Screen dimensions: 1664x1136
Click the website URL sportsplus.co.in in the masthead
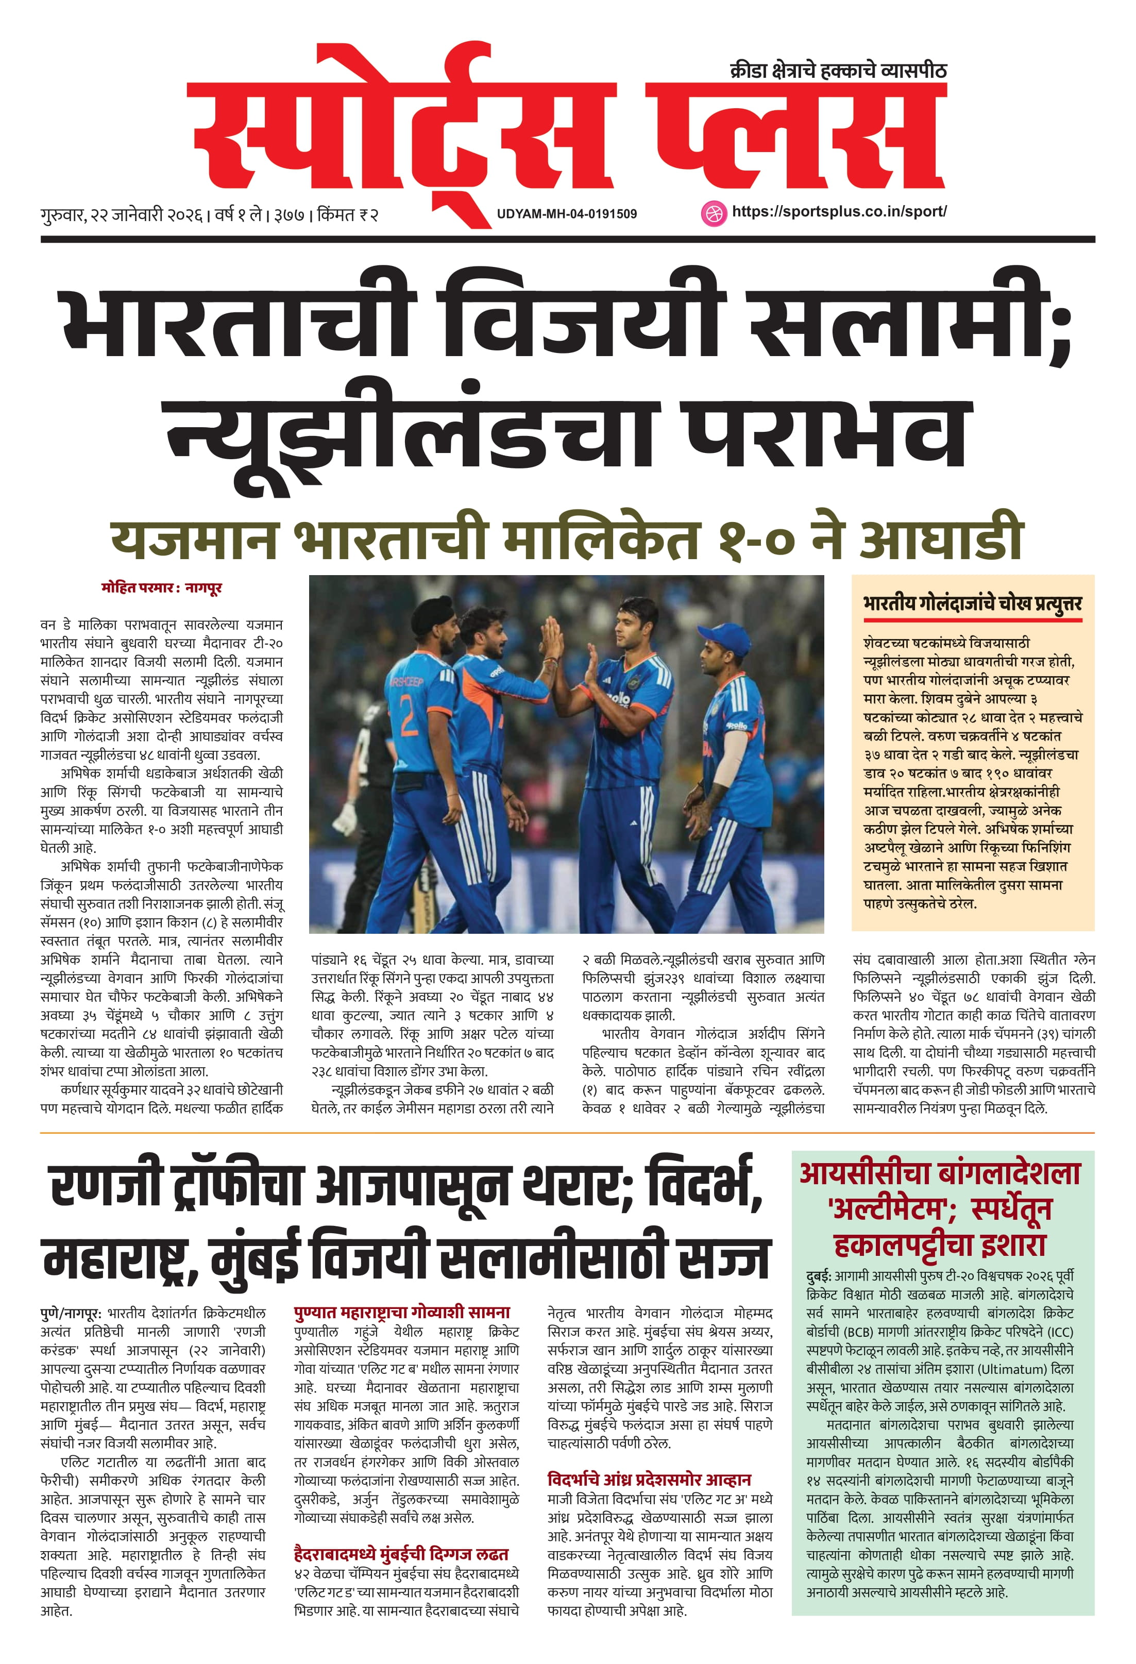coord(839,211)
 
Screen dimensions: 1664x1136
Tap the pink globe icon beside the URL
coord(713,213)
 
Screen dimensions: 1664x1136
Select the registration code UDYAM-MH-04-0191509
coord(567,213)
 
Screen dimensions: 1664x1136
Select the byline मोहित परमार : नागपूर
coord(162,588)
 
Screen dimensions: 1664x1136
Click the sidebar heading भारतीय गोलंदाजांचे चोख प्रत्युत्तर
coord(972,603)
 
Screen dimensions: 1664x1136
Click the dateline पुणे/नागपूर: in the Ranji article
coord(71,1313)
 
